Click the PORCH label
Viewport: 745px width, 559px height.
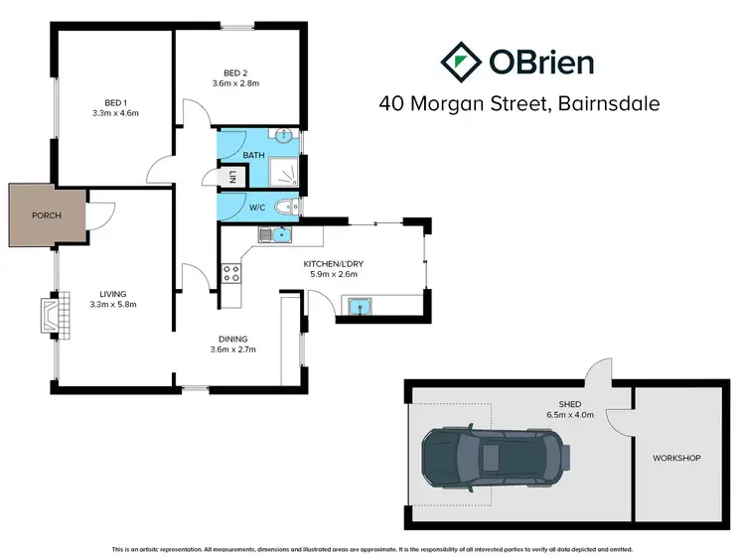point(46,214)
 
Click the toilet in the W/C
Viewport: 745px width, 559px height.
point(286,208)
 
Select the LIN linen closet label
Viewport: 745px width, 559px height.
point(232,178)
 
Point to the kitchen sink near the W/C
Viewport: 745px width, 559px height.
point(282,235)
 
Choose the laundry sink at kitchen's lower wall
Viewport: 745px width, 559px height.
point(359,308)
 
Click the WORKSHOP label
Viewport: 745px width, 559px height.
point(676,458)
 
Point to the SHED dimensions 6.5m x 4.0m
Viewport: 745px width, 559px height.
point(568,415)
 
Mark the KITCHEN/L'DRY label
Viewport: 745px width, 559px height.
point(333,263)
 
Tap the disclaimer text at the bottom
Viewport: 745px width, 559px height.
point(372,549)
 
